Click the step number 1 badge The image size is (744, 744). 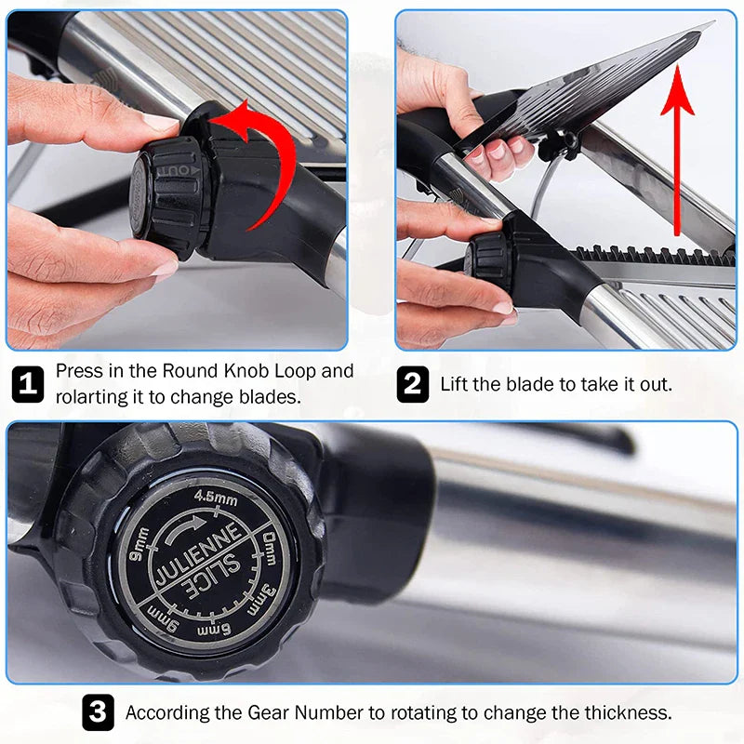tap(28, 384)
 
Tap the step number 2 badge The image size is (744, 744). tap(413, 384)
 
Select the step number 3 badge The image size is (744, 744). tap(99, 712)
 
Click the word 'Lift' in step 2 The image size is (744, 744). tap(455, 384)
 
